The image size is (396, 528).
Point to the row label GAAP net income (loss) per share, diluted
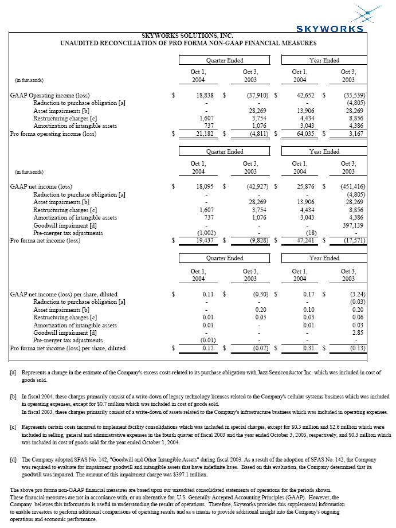point(68,294)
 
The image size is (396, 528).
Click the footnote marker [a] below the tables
point(13,372)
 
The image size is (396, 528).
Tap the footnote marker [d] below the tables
point(13,459)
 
